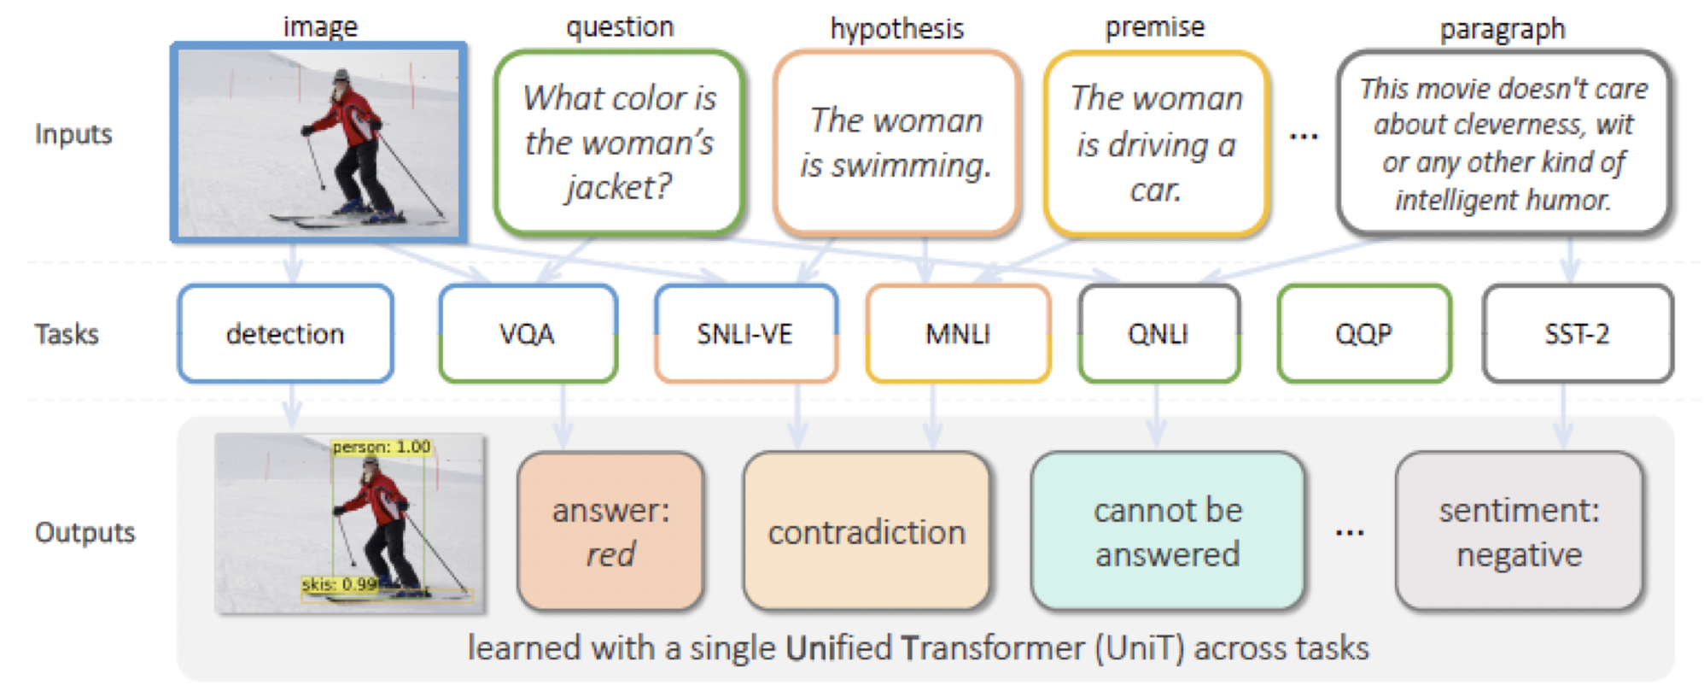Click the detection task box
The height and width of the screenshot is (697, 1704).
point(285,333)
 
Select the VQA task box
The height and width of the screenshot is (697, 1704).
point(528,333)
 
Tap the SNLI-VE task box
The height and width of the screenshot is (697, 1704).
point(745,333)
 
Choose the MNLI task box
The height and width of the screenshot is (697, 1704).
point(958,333)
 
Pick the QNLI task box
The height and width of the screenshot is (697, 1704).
point(1158,333)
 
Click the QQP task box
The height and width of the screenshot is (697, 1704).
point(1363,333)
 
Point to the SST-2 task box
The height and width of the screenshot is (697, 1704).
point(1577,333)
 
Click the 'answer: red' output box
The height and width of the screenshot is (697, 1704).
point(610,531)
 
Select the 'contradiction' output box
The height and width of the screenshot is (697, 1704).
point(867,531)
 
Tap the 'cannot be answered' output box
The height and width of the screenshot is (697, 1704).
point(1167,531)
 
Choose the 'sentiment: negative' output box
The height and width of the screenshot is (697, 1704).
point(1519,531)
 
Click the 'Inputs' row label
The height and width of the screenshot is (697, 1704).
point(73,134)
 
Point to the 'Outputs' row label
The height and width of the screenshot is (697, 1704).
point(85,532)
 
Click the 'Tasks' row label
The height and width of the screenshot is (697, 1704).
point(67,334)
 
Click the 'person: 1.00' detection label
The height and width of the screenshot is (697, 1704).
point(381,447)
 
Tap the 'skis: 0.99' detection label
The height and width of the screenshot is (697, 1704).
point(340,584)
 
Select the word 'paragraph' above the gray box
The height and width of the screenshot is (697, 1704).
point(1502,29)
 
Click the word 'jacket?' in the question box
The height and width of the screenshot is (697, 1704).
point(619,187)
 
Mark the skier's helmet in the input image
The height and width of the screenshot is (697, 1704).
point(342,76)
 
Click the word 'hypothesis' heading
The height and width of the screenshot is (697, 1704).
point(896,29)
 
